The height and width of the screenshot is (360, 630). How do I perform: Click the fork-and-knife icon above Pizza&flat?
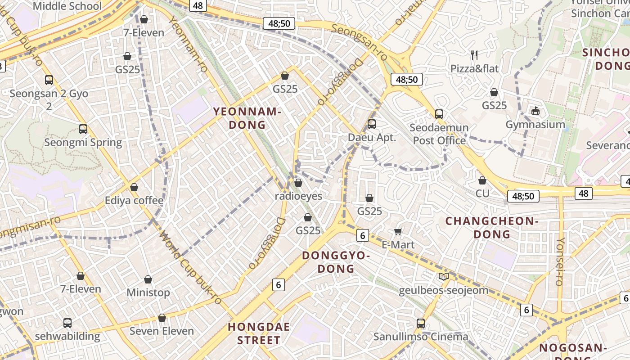[474, 55]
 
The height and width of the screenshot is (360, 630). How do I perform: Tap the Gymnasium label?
[535, 124]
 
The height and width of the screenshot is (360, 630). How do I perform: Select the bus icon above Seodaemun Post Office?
[439, 114]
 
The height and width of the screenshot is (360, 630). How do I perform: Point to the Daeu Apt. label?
[372, 137]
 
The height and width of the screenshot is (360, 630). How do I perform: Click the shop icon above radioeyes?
[298, 183]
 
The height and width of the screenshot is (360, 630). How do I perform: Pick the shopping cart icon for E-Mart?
[398, 231]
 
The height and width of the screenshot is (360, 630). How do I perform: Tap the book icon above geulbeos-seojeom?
[444, 276]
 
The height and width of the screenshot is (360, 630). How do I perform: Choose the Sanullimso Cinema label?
[421, 336]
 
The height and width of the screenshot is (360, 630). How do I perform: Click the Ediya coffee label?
[134, 200]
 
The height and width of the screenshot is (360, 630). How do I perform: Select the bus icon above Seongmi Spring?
[83, 129]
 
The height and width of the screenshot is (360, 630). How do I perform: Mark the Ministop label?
[148, 292]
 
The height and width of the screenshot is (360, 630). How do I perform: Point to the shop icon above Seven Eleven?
[162, 318]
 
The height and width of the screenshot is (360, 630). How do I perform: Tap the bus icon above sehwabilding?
[67, 323]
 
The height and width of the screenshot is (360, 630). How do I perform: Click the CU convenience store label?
[482, 193]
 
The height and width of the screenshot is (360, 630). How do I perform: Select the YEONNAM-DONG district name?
[247, 118]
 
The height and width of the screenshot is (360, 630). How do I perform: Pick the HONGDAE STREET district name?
[259, 333]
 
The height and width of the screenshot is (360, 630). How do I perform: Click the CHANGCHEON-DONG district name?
[491, 227]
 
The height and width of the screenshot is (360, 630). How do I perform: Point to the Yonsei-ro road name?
[560, 261]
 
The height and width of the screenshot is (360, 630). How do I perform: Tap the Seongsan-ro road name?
[360, 42]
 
